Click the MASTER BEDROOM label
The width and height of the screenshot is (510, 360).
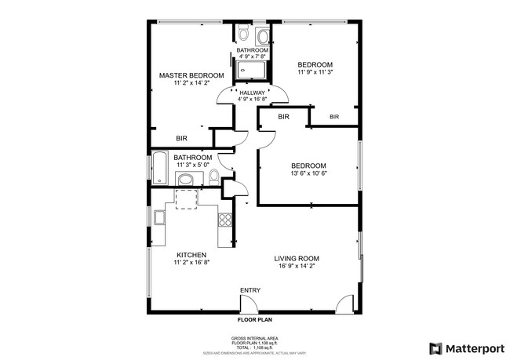(x=191, y=76)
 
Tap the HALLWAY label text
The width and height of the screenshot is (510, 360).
(x=253, y=93)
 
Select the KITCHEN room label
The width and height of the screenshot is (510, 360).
(x=191, y=255)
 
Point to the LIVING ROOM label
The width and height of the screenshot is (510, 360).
(x=297, y=258)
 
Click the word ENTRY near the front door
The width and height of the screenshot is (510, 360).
(x=250, y=291)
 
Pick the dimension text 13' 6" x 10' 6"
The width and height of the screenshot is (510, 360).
(x=308, y=173)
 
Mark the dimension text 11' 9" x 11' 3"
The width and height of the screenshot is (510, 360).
(x=315, y=72)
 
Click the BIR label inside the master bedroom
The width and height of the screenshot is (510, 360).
(x=181, y=138)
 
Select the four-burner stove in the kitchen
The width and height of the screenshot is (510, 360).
(x=225, y=220)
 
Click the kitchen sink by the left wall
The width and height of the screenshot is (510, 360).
(x=159, y=217)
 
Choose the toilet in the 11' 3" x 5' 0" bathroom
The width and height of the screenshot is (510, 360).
(x=214, y=176)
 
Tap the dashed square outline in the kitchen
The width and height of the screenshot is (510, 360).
(x=187, y=199)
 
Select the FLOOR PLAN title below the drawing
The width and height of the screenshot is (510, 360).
(x=254, y=320)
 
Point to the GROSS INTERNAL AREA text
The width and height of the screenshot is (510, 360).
(x=254, y=338)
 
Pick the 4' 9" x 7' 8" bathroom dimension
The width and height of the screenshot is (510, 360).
(x=253, y=56)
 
